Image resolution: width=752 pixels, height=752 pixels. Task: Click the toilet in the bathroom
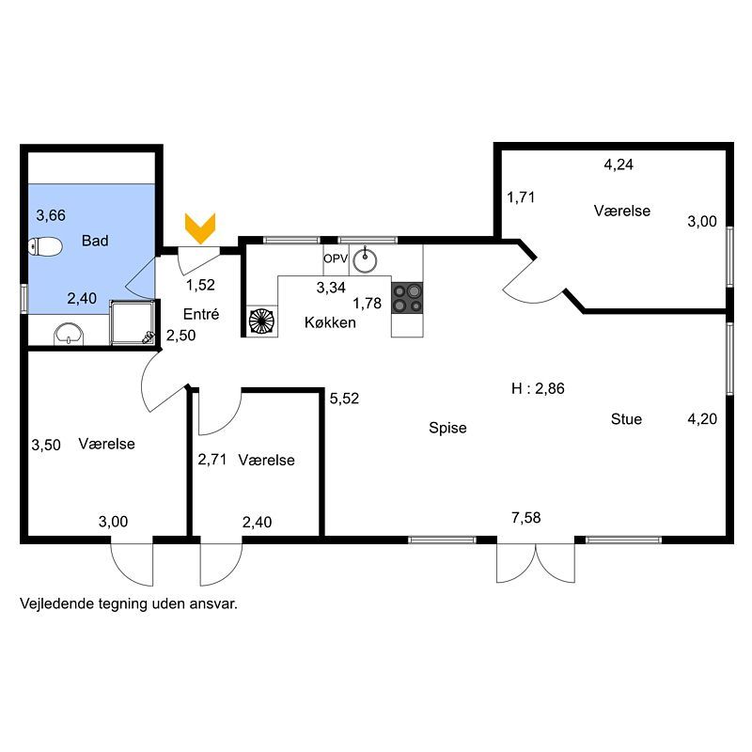45,246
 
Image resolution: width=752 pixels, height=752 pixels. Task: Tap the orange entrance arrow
200,228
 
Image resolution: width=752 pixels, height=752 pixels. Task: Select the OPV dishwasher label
336,259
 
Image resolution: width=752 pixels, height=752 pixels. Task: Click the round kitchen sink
365,261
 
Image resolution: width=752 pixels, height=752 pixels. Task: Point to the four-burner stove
407,298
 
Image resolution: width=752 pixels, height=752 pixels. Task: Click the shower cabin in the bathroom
133,322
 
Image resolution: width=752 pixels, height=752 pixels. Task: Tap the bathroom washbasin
69,334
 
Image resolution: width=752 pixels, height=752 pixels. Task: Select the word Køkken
330,322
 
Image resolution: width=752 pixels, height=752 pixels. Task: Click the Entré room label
201,314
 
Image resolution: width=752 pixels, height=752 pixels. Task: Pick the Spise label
447,428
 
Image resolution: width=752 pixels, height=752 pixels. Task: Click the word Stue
626,419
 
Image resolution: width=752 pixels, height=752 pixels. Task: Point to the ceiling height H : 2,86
538,388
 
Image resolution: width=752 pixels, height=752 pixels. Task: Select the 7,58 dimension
526,518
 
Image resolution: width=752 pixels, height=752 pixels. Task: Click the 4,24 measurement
619,164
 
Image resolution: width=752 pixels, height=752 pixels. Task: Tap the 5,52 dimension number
344,398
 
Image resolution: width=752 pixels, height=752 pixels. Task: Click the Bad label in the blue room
95,241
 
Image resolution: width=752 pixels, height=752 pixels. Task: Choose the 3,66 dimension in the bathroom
51,215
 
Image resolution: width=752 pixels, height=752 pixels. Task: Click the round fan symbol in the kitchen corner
262,321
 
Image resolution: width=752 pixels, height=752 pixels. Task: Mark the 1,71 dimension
521,197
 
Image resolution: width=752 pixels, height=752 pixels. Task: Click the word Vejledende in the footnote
57,603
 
